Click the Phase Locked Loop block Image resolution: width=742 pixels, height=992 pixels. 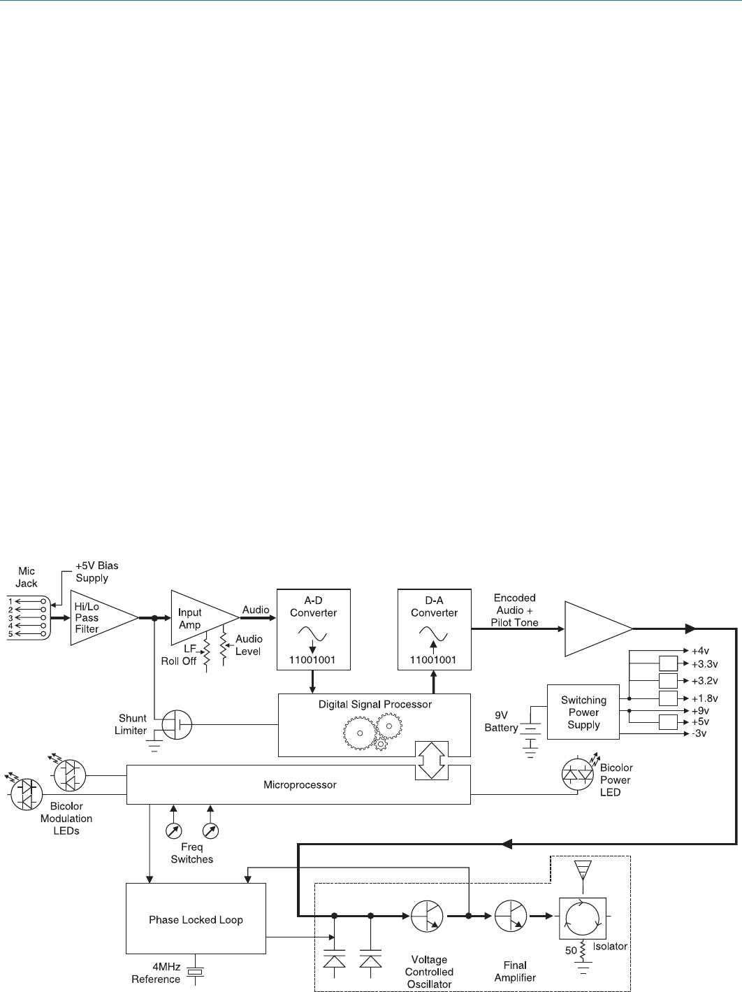click(x=196, y=919)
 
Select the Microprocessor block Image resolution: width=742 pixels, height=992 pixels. click(x=299, y=784)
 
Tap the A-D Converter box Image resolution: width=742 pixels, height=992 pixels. click(x=313, y=629)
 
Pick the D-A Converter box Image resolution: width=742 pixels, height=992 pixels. click(x=434, y=629)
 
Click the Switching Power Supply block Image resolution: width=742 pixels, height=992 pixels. click(x=583, y=712)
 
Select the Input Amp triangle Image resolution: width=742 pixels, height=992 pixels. click(x=199, y=618)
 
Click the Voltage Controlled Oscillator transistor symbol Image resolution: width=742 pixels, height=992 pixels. click(x=428, y=916)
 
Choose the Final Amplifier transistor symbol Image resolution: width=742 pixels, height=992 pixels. click(x=511, y=916)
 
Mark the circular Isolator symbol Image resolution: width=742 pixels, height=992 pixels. click(x=582, y=918)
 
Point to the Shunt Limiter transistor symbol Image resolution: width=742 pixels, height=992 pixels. click(x=177, y=725)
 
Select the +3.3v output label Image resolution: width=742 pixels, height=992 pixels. click(x=704, y=664)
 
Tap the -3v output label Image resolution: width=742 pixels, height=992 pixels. click(x=699, y=733)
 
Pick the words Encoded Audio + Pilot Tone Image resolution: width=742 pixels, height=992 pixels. click(x=515, y=610)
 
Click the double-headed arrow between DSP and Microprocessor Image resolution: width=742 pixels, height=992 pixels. click(x=431, y=760)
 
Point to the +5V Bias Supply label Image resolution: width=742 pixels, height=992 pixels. click(x=96, y=572)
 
